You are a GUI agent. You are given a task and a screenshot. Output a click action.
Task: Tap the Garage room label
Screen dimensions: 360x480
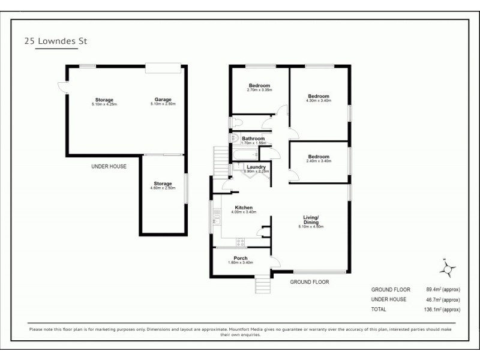(x=163, y=100)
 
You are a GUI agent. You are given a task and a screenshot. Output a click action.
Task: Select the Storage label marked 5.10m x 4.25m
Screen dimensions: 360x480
(x=104, y=100)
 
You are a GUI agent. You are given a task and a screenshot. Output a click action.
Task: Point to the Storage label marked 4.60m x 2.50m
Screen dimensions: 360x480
(x=162, y=184)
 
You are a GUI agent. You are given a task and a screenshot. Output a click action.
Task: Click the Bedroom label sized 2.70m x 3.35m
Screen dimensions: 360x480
(x=260, y=86)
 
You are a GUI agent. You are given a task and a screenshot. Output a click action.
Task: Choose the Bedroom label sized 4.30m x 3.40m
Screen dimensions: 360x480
(x=319, y=96)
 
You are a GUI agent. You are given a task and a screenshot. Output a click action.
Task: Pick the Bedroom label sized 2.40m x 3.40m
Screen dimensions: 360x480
(x=319, y=157)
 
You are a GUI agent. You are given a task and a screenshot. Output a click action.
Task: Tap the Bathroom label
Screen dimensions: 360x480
(x=253, y=139)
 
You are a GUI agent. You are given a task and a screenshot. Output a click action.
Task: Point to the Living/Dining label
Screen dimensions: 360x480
(x=311, y=220)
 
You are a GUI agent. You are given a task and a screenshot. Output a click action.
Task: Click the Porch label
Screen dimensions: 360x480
(x=241, y=259)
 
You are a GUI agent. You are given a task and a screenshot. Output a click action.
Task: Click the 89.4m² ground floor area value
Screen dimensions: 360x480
(x=430, y=289)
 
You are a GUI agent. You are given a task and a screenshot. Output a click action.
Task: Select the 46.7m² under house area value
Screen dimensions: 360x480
(x=430, y=299)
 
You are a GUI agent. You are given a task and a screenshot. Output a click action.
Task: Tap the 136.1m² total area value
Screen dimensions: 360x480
(x=429, y=310)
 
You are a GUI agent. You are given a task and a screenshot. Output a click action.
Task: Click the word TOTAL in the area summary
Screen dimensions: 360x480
(x=379, y=310)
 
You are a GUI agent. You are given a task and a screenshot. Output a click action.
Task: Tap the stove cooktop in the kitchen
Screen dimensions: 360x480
(x=241, y=243)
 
